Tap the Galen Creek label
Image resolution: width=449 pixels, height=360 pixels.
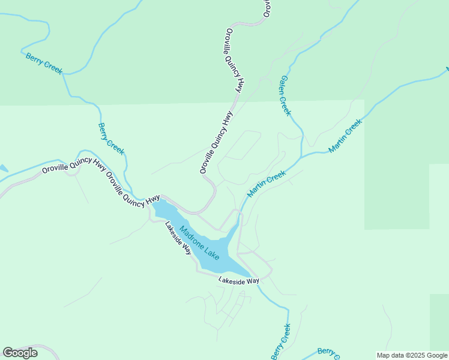pos(285,95)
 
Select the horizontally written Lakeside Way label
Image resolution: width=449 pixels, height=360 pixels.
pos(238,280)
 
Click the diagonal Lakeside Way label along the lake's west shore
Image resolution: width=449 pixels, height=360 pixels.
pos(179,238)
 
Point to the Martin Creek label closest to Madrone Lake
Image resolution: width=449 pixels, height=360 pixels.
pos(266,184)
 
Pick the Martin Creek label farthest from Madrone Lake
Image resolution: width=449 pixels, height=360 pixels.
pos(346,136)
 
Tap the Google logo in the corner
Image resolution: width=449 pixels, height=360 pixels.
pos(20,353)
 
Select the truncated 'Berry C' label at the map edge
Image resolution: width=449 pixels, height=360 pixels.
pos(329,352)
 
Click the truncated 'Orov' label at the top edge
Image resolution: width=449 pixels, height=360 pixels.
pos(267,8)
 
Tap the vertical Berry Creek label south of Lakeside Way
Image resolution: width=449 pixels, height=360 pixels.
pos(280,341)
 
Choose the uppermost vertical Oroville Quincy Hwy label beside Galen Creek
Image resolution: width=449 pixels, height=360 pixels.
pos(235,61)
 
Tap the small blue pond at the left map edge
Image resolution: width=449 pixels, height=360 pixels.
pos(3,169)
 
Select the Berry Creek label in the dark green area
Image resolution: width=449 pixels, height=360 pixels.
pos(44,64)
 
